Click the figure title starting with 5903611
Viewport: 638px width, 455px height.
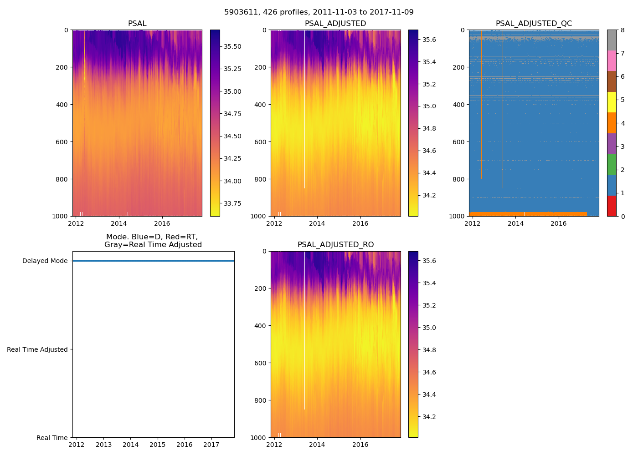[x=319, y=12]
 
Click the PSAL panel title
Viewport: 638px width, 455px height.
[x=137, y=24]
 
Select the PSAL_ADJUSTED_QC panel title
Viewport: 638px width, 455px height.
[x=534, y=24]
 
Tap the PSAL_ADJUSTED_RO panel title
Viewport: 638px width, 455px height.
[x=335, y=245]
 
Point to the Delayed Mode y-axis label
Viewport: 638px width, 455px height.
[x=45, y=261]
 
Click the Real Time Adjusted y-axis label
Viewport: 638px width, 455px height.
[x=37, y=349]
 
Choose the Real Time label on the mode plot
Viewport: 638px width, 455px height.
[x=52, y=438]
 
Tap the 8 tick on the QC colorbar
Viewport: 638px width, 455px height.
[x=623, y=30]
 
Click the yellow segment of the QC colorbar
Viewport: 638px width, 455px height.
[x=612, y=102]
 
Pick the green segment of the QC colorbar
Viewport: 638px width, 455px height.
[x=612, y=164]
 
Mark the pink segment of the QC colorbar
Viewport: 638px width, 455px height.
[x=612, y=61]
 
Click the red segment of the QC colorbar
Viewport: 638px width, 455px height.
[x=612, y=206]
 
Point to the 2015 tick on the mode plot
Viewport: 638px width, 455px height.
[x=158, y=445]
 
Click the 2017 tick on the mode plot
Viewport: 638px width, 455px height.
[x=211, y=445]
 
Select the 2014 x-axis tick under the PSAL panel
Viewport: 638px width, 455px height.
[x=119, y=223]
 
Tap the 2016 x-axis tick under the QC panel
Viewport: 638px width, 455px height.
[x=559, y=223]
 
